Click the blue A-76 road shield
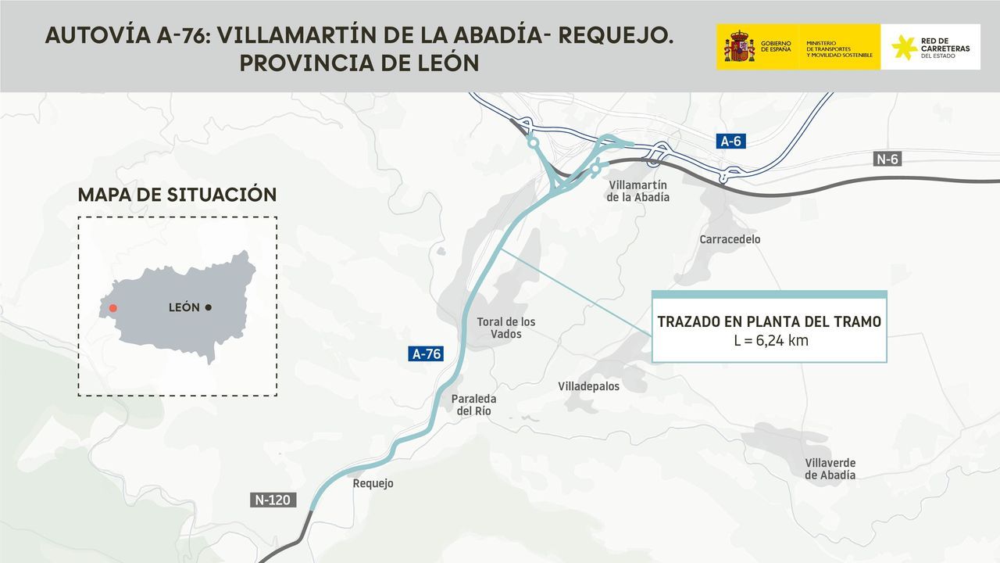(427, 353)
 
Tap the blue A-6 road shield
(730, 141)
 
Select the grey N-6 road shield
(887, 160)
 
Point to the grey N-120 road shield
(273, 500)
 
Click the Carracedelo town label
(730, 239)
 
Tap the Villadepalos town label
(588, 386)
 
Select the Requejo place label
(373, 483)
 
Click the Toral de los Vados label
(505, 328)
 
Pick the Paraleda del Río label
(473, 404)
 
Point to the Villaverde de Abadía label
(830, 468)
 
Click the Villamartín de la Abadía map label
(637, 191)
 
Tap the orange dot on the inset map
(113, 308)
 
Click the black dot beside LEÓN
(209, 307)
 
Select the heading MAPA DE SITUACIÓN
(177, 195)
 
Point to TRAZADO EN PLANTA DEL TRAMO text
(769, 321)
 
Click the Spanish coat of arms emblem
(738, 47)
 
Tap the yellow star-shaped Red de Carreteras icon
(904, 47)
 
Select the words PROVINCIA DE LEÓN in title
(359, 63)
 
